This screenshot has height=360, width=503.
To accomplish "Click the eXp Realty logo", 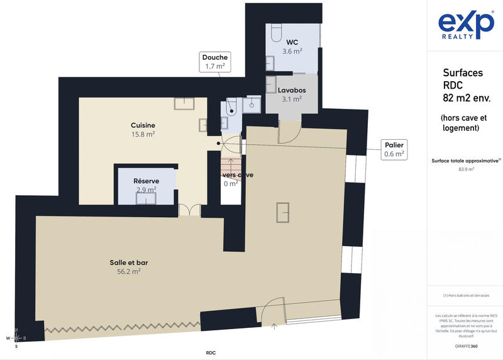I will [x=465, y=26].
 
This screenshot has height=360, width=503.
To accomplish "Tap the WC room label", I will [x=292, y=42].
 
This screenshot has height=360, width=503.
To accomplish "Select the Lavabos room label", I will [x=292, y=91].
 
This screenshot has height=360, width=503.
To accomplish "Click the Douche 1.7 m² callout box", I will [x=215, y=62].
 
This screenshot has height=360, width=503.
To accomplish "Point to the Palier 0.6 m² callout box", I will [x=395, y=149].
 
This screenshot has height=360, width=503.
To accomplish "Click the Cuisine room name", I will [x=143, y=125].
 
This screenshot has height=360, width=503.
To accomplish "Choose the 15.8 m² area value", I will [x=143, y=134].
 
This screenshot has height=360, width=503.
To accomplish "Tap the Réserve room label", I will [x=146, y=181].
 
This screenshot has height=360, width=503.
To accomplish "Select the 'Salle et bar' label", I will [x=128, y=262].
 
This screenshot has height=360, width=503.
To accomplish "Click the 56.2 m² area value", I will [x=128, y=272].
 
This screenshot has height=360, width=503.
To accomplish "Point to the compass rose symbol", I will [x=17, y=338].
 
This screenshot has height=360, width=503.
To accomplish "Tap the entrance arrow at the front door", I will [x=274, y=326].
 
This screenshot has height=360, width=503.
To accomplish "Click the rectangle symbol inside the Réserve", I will [x=146, y=198].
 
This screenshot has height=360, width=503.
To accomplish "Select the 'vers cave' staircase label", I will [x=238, y=175].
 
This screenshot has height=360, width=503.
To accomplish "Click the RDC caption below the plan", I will [x=211, y=353].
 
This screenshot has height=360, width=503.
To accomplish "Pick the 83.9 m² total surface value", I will [x=466, y=169].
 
